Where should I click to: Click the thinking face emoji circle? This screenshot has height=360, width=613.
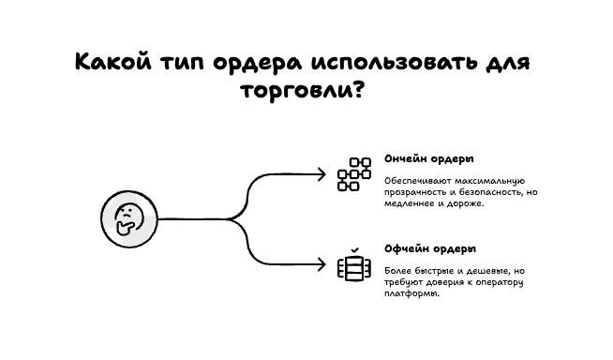click(x=126, y=220)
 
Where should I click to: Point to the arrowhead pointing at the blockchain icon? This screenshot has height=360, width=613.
click(x=321, y=174)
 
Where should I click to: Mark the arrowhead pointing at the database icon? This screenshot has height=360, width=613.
click(x=321, y=266)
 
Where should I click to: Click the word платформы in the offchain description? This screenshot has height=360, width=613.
click(x=411, y=294)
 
